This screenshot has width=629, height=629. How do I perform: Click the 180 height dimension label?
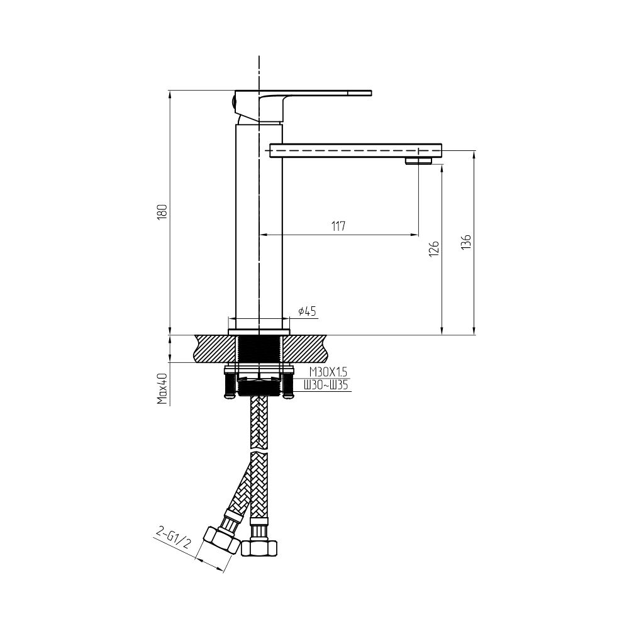162,211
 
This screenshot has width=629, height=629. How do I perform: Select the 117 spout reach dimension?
338,226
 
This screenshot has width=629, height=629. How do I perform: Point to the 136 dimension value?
466,242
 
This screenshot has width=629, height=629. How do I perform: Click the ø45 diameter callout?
308,311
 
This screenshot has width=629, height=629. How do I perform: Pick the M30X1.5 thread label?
328,372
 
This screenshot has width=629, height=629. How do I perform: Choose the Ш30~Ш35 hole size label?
326,386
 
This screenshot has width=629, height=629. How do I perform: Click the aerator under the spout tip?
418,161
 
